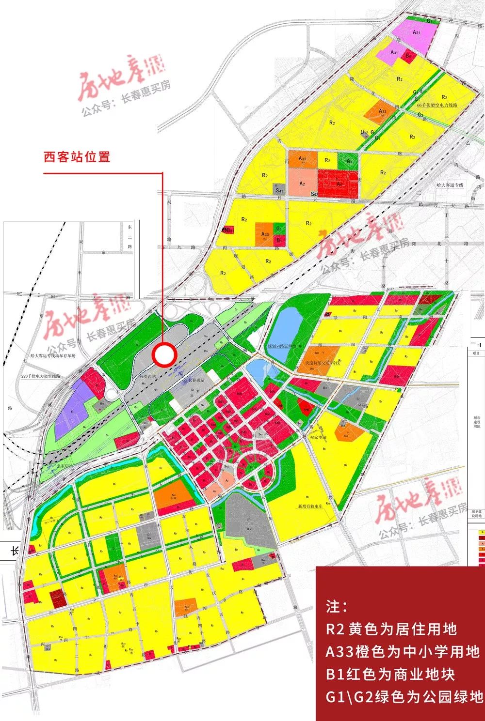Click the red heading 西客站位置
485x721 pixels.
point(77,157)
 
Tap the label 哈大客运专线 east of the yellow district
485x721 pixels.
point(450,185)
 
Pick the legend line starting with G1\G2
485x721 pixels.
point(404,697)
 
